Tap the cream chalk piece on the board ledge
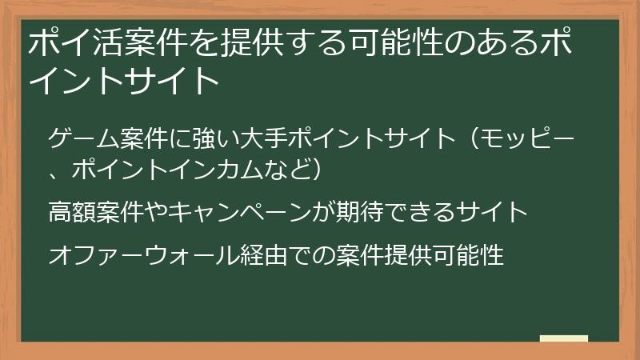click(x=563, y=338)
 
